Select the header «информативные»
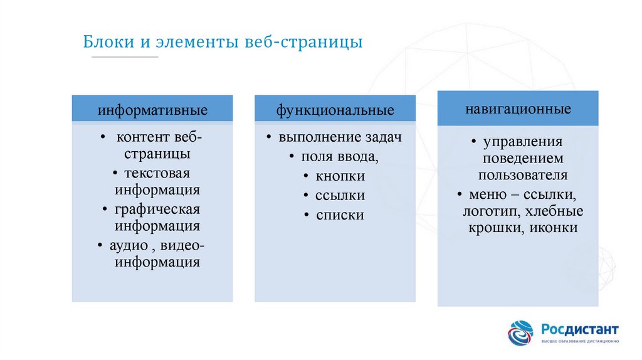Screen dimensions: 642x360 click(x=152, y=111)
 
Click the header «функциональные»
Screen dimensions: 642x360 click(x=335, y=111)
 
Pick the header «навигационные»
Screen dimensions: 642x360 click(x=518, y=109)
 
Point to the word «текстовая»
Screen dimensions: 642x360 click(x=157, y=172)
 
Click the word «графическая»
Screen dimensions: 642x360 click(x=157, y=209)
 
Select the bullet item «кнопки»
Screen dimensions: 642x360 click(x=340, y=176)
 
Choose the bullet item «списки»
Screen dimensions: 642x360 click(x=340, y=215)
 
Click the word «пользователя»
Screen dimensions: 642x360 click(x=523, y=175)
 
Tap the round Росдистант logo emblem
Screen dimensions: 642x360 click(x=520, y=333)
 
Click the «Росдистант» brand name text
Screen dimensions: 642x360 click(x=580, y=329)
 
